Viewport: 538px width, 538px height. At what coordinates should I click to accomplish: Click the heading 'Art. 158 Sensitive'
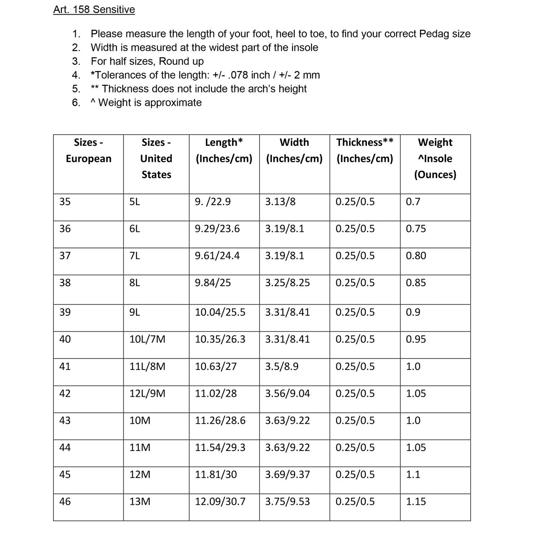pos(94,10)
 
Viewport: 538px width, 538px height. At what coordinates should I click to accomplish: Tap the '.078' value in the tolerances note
pos(237,75)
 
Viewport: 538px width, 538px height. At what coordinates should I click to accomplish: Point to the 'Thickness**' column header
pos(365,142)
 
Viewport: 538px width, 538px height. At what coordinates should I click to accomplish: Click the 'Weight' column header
pos(435,142)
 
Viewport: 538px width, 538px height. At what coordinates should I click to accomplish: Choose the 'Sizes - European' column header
pos(88,150)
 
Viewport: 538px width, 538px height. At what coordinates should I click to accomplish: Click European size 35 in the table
pos(65,202)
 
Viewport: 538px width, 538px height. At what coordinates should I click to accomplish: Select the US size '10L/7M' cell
pos(148,339)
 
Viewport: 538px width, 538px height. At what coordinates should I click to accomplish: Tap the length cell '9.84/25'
pos(213,283)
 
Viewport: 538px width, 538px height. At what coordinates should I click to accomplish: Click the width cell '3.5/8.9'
pos(282,367)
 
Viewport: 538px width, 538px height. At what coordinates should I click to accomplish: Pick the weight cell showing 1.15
pos(416,501)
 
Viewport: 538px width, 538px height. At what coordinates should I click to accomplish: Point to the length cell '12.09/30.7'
pos(220,501)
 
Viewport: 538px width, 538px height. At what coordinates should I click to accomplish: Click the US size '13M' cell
pos(140,501)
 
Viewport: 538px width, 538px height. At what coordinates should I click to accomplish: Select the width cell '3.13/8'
pos(280,202)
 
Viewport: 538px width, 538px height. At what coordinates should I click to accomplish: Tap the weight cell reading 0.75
pos(416,229)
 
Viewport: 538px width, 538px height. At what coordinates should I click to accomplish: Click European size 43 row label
pos(65,420)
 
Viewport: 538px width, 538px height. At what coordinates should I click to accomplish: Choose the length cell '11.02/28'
pos(216,393)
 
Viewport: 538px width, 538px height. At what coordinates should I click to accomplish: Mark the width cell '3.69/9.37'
pos(287,475)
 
